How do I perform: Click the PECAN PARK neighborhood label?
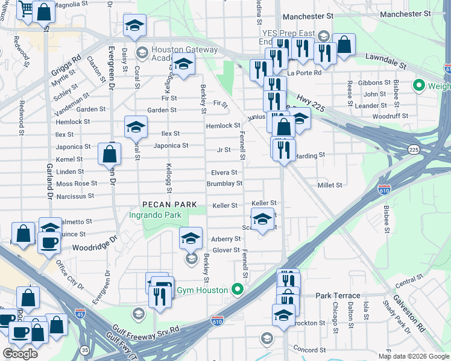tap(169, 205)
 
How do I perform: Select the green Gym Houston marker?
tap(238, 290)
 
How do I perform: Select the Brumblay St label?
tap(224, 184)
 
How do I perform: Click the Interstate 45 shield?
tap(80, 313)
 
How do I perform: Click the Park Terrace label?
tap(338, 295)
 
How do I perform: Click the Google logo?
tap(20, 354)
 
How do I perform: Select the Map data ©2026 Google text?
tap(414, 356)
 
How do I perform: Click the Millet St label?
tap(330, 185)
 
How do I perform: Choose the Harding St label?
tap(311, 155)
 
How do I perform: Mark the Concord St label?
tap(308, 350)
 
